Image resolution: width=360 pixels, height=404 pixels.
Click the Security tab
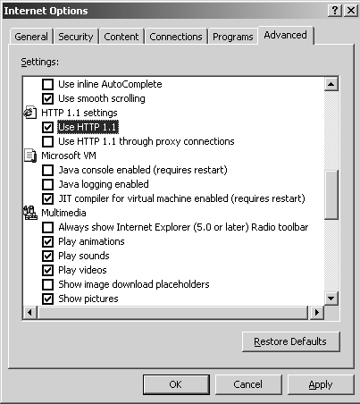(x=76, y=37)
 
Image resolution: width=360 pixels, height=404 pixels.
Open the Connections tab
(x=176, y=37)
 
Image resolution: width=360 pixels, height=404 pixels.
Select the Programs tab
(x=233, y=37)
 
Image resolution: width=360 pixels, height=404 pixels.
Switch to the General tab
(x=31, y=37)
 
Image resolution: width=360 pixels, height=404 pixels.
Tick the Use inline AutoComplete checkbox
(x=47, y=84)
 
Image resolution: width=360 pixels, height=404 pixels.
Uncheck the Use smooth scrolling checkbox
(x=47, y=98)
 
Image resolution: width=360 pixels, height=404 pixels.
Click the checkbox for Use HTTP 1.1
(x=47, y=127)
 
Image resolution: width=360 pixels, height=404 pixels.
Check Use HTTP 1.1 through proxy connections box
(x=47, y=141)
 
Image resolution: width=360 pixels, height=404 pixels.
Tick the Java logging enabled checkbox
(x=47, y=184)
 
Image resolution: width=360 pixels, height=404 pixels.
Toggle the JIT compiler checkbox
(x=47, y=198)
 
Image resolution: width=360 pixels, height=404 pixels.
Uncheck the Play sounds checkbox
(x=47, y=256)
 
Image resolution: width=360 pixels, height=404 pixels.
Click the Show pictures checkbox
(x=47, y=299)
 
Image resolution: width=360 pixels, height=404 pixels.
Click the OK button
(x=176, y=384)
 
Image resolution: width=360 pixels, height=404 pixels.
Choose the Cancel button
(x=248, y=384)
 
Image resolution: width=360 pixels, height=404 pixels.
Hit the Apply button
(x=321, y=384)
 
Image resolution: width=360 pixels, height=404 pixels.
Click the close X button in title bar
(x=351, y=11)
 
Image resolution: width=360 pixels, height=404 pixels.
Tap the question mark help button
(x=335, y=11)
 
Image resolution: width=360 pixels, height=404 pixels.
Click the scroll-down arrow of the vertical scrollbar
(x=331, y=298)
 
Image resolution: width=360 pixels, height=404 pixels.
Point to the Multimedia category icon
(x=30, y=213)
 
